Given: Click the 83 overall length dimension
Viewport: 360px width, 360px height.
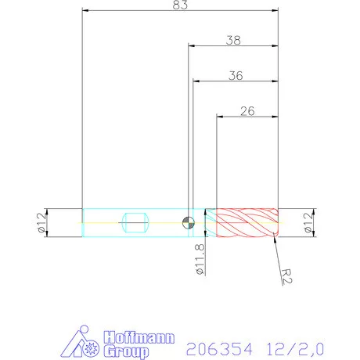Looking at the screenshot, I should [180, 5].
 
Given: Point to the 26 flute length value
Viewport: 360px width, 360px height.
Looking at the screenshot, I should [247, 110].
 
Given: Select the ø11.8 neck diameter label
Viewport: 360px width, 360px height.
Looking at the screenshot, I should [200, 258].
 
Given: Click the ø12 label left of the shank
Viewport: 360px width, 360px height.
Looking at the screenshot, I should [39, 222].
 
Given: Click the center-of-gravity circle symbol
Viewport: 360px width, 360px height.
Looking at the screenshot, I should [188, 222].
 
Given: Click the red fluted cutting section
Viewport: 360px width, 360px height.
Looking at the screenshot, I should [247, 222].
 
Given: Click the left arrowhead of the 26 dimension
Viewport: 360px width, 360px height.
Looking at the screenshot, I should [220, 117].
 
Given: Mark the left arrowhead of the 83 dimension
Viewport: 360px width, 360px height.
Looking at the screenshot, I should [85, 12].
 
